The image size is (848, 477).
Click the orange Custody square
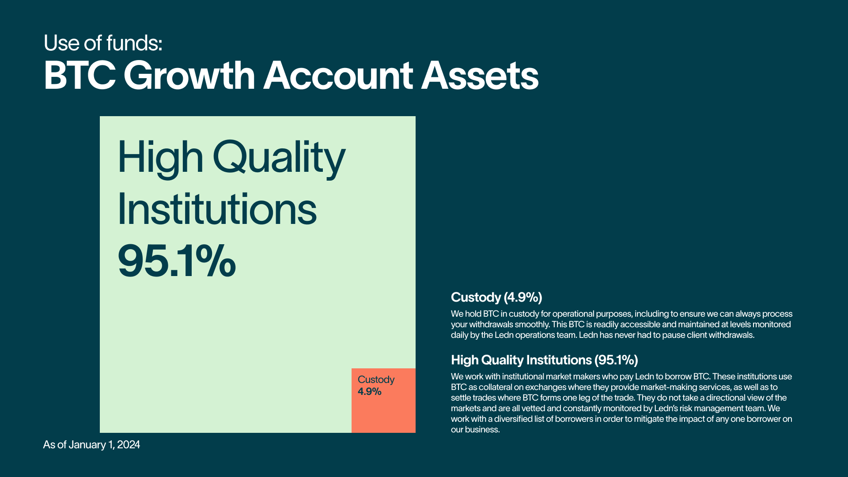[383, 400]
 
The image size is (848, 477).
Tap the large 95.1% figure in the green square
[177, 261]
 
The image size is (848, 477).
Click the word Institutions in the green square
[217, 209]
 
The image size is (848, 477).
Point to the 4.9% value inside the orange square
[370, 391]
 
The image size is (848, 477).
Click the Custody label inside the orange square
[376, 380]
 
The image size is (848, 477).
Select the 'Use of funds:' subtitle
[103, 43]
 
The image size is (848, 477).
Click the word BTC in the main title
[79, 76]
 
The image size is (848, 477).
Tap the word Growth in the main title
[189, 76]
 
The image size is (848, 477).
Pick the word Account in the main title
[338, 76]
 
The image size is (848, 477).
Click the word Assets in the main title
[480, 76]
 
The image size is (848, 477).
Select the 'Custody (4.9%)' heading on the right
[496, 297]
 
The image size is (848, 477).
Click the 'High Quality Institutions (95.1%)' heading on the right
[545, 360]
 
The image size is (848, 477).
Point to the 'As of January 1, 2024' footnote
[91, 445]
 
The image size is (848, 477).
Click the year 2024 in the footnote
[129, 445]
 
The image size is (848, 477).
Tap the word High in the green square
[160, 158]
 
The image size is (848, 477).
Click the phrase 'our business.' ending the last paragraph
[475, 430]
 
